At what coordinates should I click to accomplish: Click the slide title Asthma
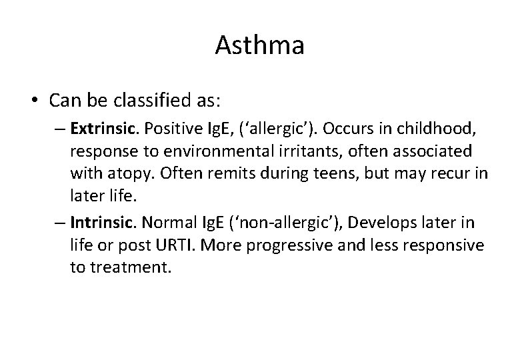click(x=260, y=46)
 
